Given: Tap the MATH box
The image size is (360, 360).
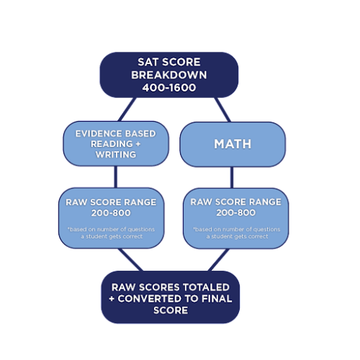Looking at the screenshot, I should tap(232, 144).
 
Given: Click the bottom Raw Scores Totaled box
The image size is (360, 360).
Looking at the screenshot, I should tap(170, 298).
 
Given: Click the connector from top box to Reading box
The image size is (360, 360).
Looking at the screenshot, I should tap(127, 109).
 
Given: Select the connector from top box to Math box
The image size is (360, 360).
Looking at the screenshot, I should tap(222, 109).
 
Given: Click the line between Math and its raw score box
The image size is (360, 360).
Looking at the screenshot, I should tap(232, 177).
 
